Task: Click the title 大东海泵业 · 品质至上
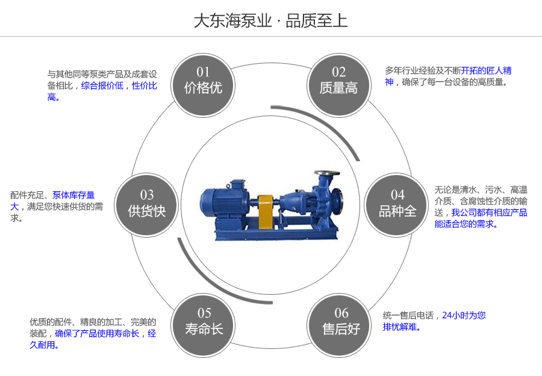270,21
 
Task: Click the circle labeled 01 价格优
204,81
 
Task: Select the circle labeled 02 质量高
338,81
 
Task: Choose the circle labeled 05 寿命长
204,322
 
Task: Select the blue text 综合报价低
102,86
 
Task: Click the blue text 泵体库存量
73,195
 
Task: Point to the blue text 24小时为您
464,315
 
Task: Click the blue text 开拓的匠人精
487,70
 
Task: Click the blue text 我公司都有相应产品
489,212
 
